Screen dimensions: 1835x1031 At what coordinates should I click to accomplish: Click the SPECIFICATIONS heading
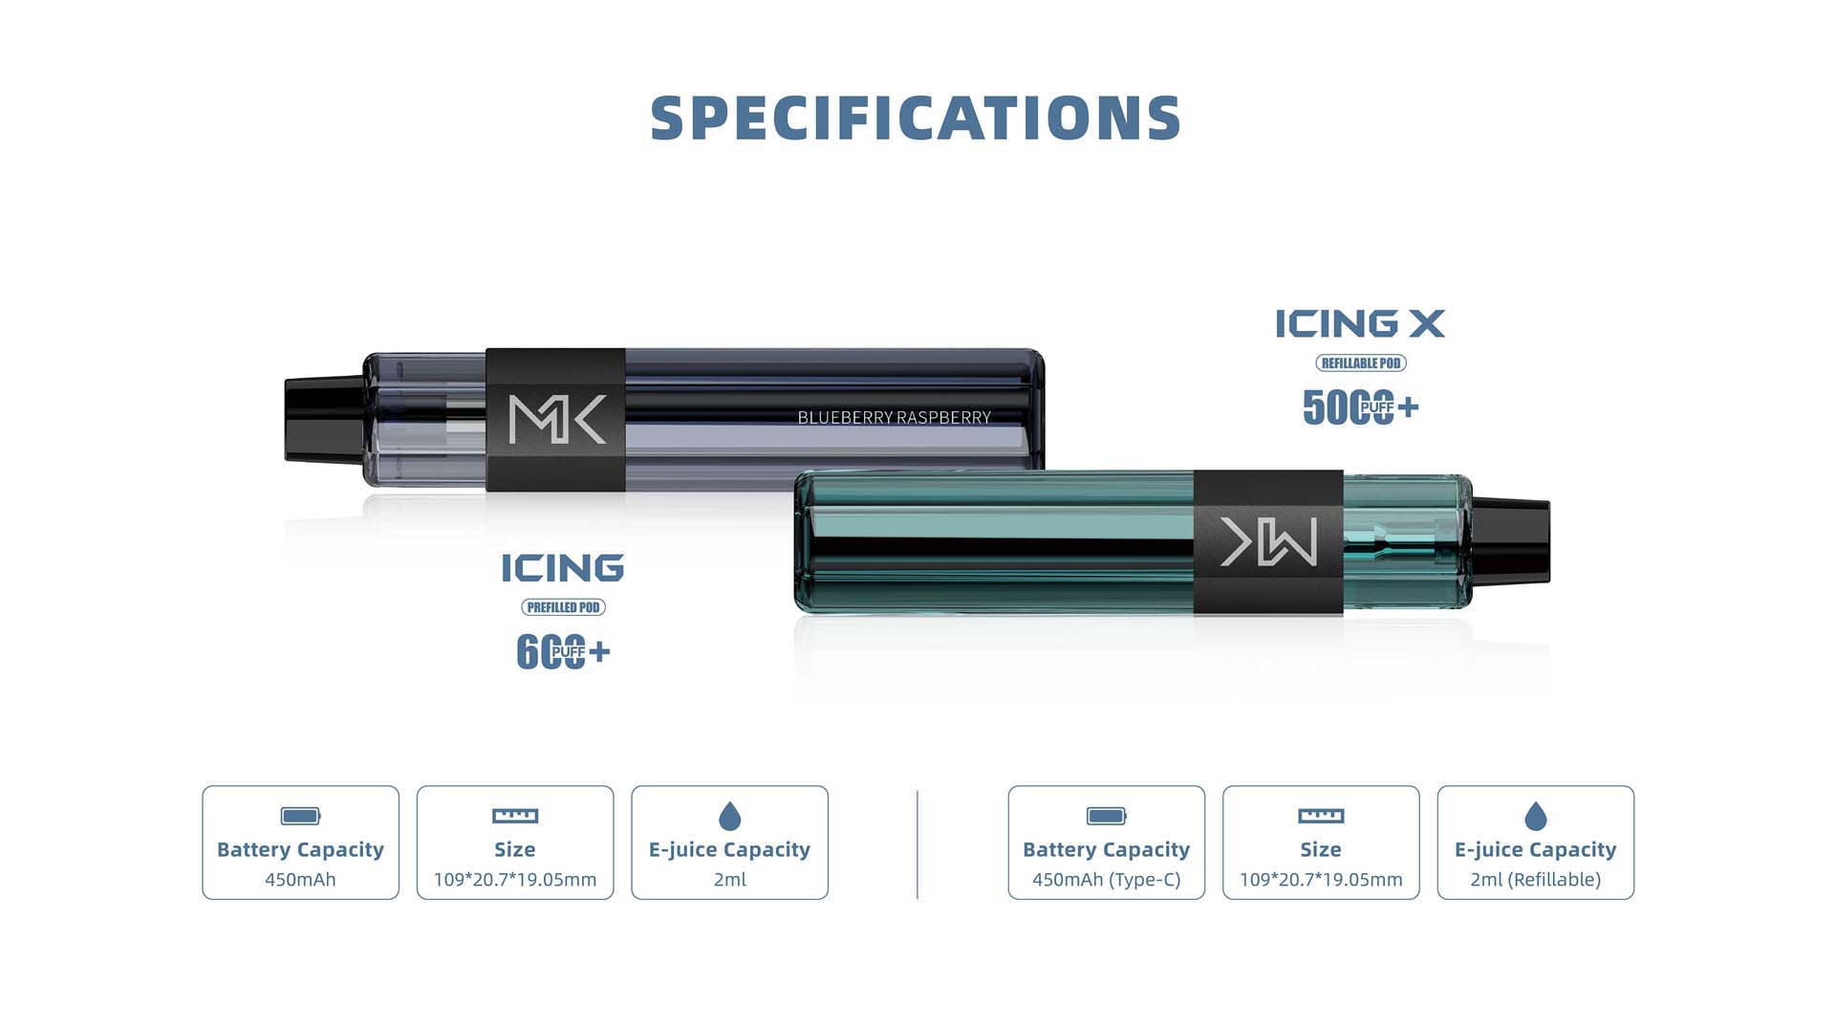coord(916,118)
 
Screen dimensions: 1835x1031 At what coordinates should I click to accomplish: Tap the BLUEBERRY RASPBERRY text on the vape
coord(894,417)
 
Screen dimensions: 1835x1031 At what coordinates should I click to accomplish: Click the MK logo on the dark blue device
coord(557,420)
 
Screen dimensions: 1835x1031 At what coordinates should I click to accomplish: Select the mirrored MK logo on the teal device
coord(1268,541)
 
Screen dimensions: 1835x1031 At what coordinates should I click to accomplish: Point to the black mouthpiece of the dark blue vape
coord(325,420)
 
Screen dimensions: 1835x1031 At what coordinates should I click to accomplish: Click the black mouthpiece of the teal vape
coord(1511,541)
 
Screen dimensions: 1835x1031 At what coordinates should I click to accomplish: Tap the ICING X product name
coord(1360,323)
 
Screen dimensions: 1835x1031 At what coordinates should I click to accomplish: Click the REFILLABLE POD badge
coord(1361,363)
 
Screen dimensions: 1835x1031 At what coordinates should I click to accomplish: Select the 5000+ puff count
coord(1360,407)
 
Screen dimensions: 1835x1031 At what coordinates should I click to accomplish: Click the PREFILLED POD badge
coord(563,607)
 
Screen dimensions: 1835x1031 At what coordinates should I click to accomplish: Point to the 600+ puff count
coord(563,652)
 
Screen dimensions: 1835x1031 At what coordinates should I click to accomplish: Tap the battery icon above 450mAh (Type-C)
coord(1107,816)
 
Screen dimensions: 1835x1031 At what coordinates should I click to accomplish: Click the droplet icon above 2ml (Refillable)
coord(1536,816)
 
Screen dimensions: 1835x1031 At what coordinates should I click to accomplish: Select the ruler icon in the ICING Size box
coord(515,816)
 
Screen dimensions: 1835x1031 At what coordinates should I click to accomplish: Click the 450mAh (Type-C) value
coord(1107,880)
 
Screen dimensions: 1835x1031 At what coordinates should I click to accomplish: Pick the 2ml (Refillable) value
coord(1536,880)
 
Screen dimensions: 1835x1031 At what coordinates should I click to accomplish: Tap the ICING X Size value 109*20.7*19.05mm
coord(1321,880)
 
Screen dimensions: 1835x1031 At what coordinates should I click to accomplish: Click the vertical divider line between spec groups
coord(917,845)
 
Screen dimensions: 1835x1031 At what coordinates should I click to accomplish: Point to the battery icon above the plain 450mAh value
coord(300,816)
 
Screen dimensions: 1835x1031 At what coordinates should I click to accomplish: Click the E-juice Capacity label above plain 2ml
coord(729,849)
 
